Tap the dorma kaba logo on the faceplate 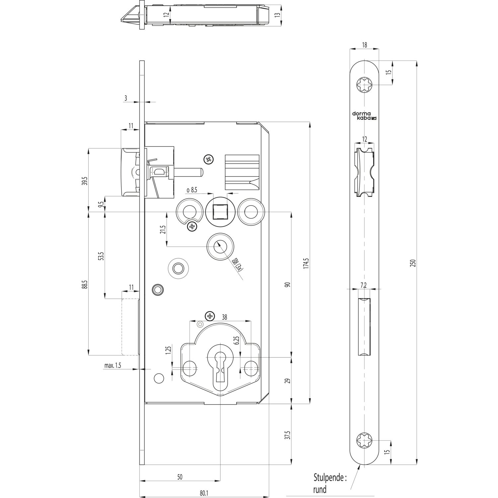coord(365,116)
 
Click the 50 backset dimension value coord(180,477)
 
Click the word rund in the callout coord(320,489)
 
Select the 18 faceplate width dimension coord(364,45)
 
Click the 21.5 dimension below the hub coord(162,230)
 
